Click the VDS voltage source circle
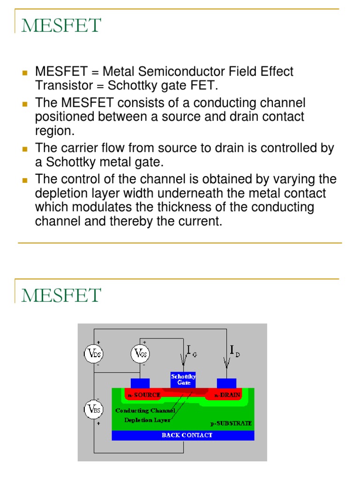[x=94, y=353]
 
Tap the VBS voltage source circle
[x=94, y=410]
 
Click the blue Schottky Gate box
[x=183, y=380]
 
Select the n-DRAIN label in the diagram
[x=228, y=395]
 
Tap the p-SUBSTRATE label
[x=231, y=423]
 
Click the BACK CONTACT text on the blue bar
[x=187, y=435]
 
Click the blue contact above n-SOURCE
[x=140, y=383]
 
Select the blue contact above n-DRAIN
[x=226, y=383]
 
